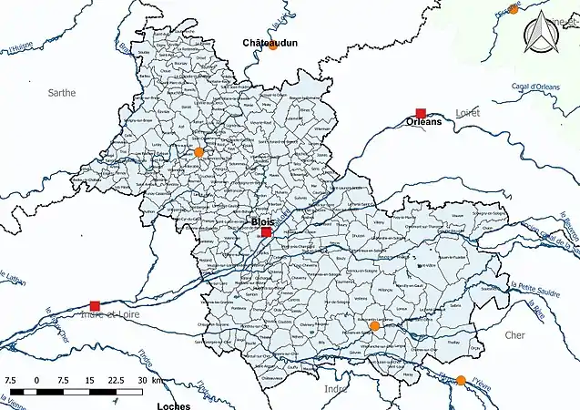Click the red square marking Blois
coord(266,232)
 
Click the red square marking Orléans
coord(420,113)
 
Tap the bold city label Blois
coord(263,220)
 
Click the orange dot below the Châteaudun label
coord(272,46)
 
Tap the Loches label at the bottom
coord(173,404)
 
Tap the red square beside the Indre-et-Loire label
coord(95,305)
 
